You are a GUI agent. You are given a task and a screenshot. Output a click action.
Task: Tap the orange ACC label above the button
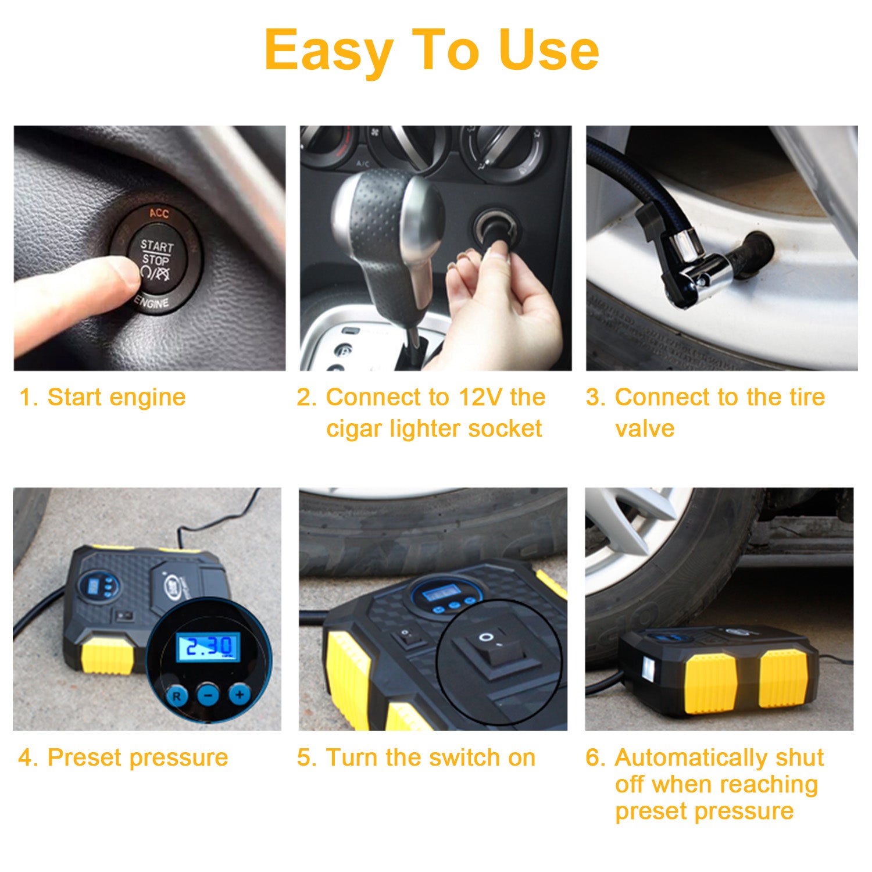159,213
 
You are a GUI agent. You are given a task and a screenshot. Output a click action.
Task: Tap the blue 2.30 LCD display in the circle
208,646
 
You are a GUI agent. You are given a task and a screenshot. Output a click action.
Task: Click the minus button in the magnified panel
208,694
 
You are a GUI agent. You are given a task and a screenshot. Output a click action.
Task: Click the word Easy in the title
329,51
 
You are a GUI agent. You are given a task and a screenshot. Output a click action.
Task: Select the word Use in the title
549,51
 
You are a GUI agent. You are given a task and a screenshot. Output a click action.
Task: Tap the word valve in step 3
645,428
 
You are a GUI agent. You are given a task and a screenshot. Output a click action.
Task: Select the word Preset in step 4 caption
85,757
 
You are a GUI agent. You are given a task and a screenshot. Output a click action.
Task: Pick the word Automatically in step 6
687,757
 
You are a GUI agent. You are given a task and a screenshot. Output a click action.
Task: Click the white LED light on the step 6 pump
648,669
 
